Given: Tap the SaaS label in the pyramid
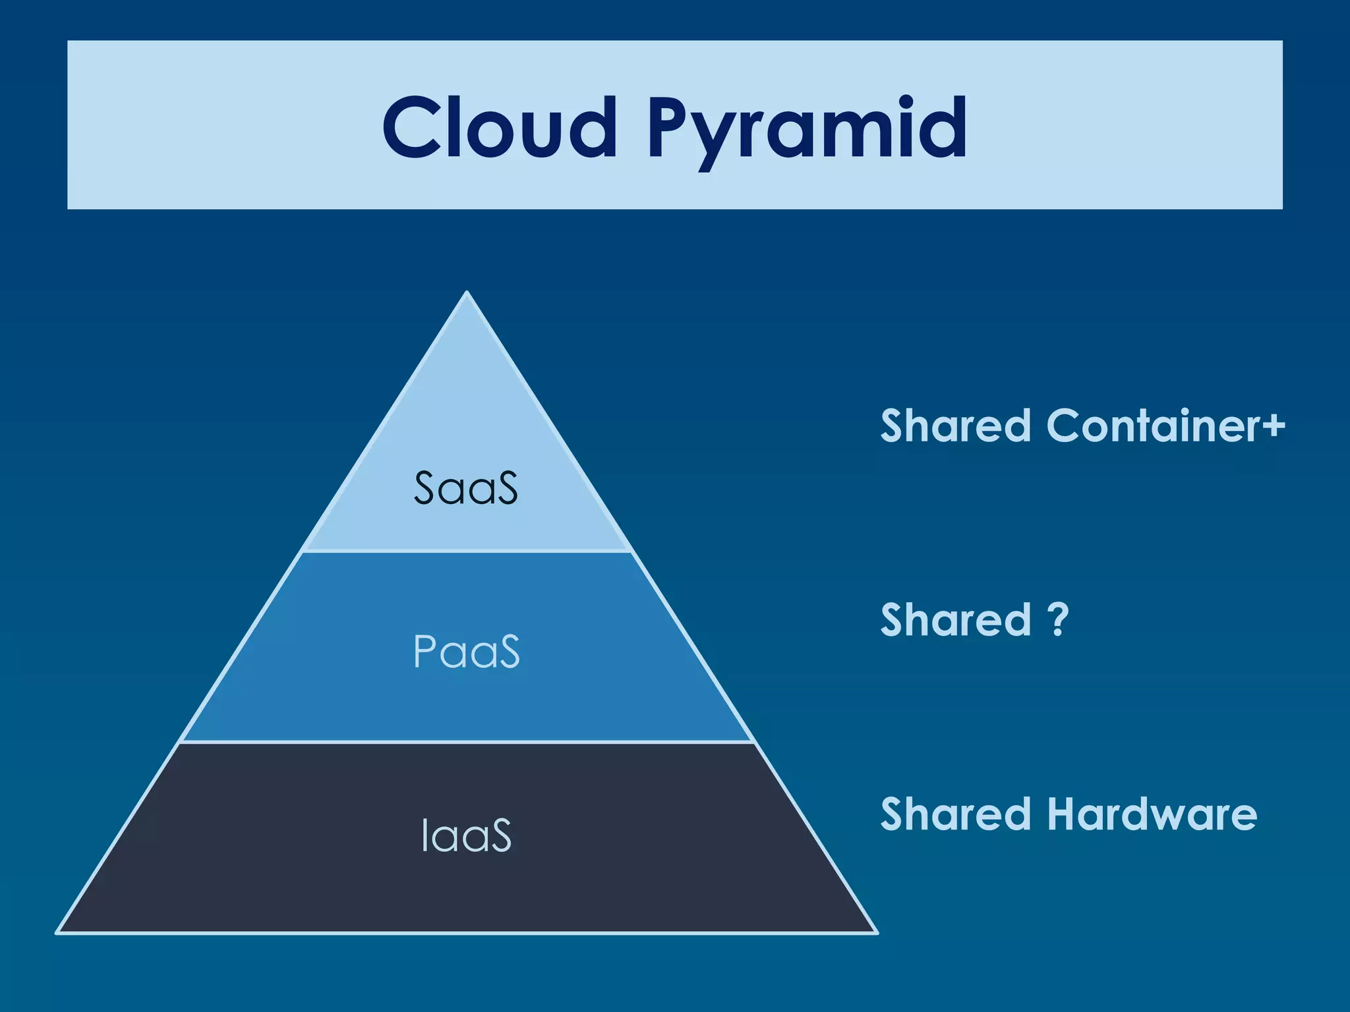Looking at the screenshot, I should click(x=465, y=488).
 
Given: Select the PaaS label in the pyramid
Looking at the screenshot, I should click(x=466, y=652).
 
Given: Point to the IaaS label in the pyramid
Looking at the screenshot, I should click(x=466, y=835).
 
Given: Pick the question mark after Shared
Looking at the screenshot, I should click(x=1057, y=619).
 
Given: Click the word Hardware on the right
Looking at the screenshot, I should click(x=1152, y=814).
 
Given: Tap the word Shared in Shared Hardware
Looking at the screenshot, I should click(x=955, y=814).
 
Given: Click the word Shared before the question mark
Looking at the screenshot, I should click(x=955, y=620).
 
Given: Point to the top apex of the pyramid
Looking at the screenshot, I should click(x=467, y=293).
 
